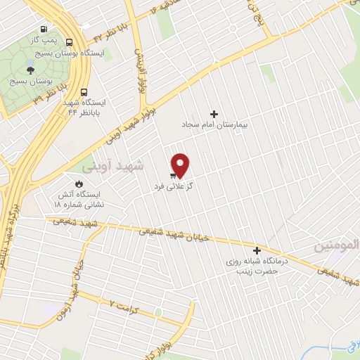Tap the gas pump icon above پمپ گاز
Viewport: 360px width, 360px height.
(45, 30)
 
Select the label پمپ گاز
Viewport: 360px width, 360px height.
(44, 42)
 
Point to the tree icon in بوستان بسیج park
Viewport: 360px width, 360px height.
(30, 69)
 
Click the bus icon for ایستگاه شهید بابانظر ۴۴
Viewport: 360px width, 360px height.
(84, 91)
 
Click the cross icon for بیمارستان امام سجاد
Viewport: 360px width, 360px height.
(214, 114)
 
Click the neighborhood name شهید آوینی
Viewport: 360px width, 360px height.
(112, 167)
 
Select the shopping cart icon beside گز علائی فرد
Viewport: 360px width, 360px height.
(172, 175)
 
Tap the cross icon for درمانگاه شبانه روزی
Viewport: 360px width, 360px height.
(257, 250)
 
